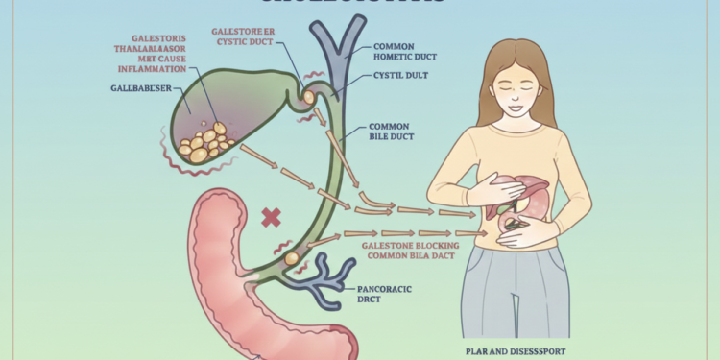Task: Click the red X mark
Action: (272, 218)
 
